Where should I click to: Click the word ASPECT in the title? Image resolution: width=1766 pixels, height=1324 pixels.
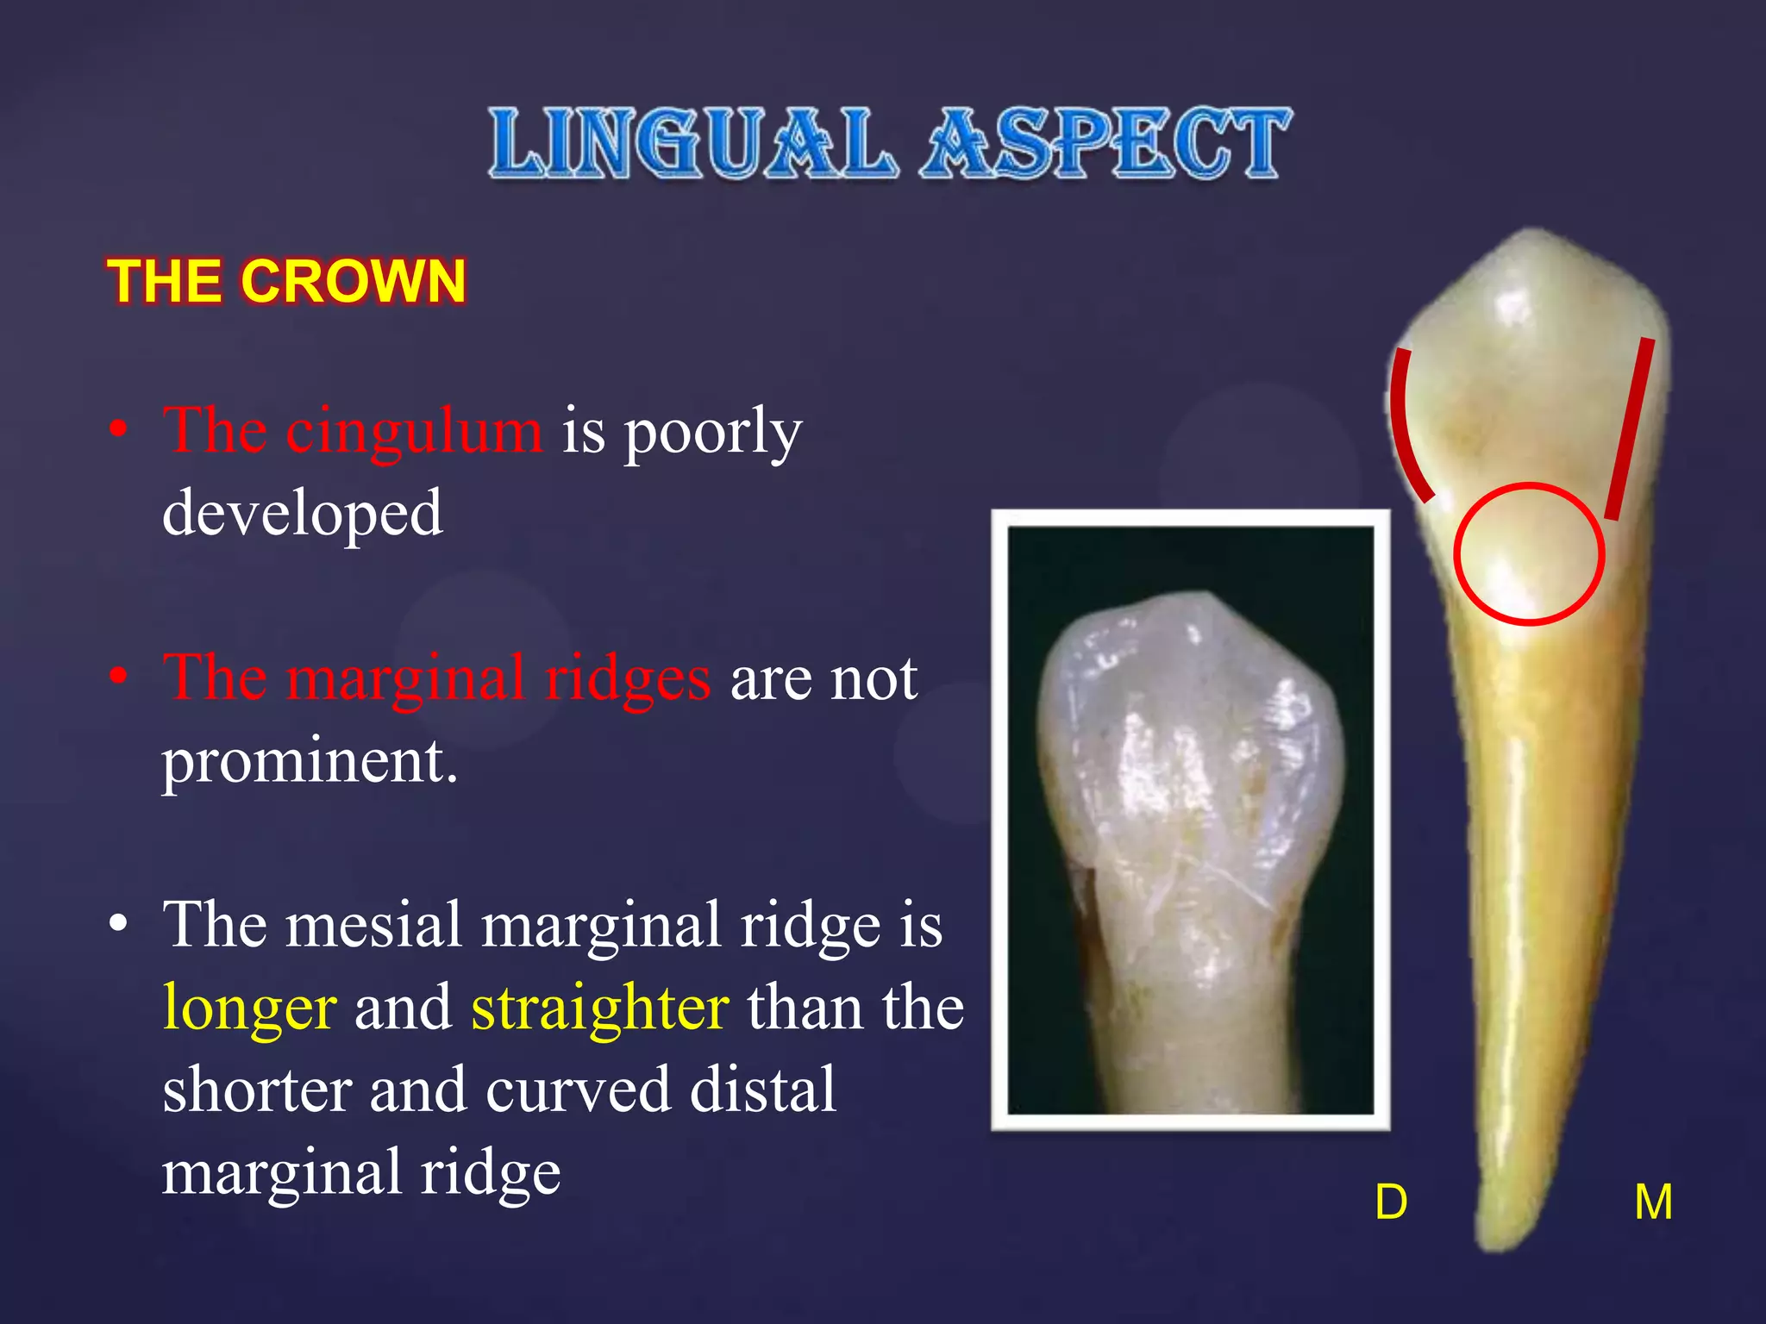point(1106,144)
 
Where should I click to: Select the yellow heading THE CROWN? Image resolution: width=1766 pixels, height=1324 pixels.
point(286,281)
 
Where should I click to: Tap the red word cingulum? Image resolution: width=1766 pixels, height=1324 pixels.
point(414,432)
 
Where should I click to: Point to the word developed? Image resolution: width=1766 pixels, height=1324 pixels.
point(303,513)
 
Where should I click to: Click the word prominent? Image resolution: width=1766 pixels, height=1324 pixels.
point(310,761)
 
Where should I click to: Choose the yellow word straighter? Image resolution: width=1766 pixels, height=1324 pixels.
point(600,1007)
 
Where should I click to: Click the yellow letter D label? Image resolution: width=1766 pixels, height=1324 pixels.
point(1391,1202)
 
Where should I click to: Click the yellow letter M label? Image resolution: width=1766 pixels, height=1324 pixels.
point(1653,1202)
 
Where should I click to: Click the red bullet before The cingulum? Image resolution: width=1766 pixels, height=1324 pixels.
point(119,428)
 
